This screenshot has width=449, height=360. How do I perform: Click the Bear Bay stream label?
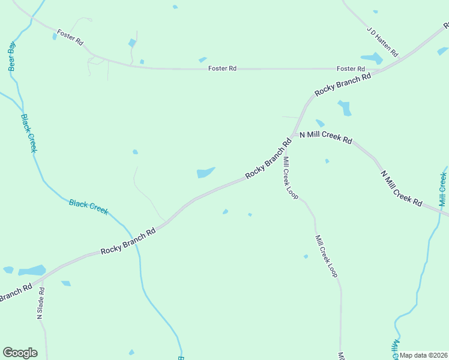pos(11,56)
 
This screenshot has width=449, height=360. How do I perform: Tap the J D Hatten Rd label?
pos(382,41)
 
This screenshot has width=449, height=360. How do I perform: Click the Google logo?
pos(20,353)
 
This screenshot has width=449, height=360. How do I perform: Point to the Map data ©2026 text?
pos(424,355)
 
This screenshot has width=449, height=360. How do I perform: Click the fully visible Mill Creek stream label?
pos(443,189)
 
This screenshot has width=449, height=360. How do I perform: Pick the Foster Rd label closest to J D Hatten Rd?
pos(351,69)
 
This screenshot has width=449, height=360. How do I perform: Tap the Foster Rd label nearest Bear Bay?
pos(70,36)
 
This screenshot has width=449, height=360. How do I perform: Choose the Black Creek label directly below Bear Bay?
pos(29,133)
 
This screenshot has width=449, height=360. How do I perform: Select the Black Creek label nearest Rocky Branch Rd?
pos(88,206)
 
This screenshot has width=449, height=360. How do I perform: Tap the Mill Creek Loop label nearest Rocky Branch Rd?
pos(291,178)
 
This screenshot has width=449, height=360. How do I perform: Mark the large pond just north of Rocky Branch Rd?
pos(205,173)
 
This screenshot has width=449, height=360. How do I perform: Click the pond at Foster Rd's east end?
pos(372,58)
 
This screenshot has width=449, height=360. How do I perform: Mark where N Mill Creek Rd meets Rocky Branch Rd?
pos(294,134)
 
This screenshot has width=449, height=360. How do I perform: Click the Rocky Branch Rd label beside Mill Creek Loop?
pos(268,159)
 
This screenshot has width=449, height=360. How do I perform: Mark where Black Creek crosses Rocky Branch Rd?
pos(133,238)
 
